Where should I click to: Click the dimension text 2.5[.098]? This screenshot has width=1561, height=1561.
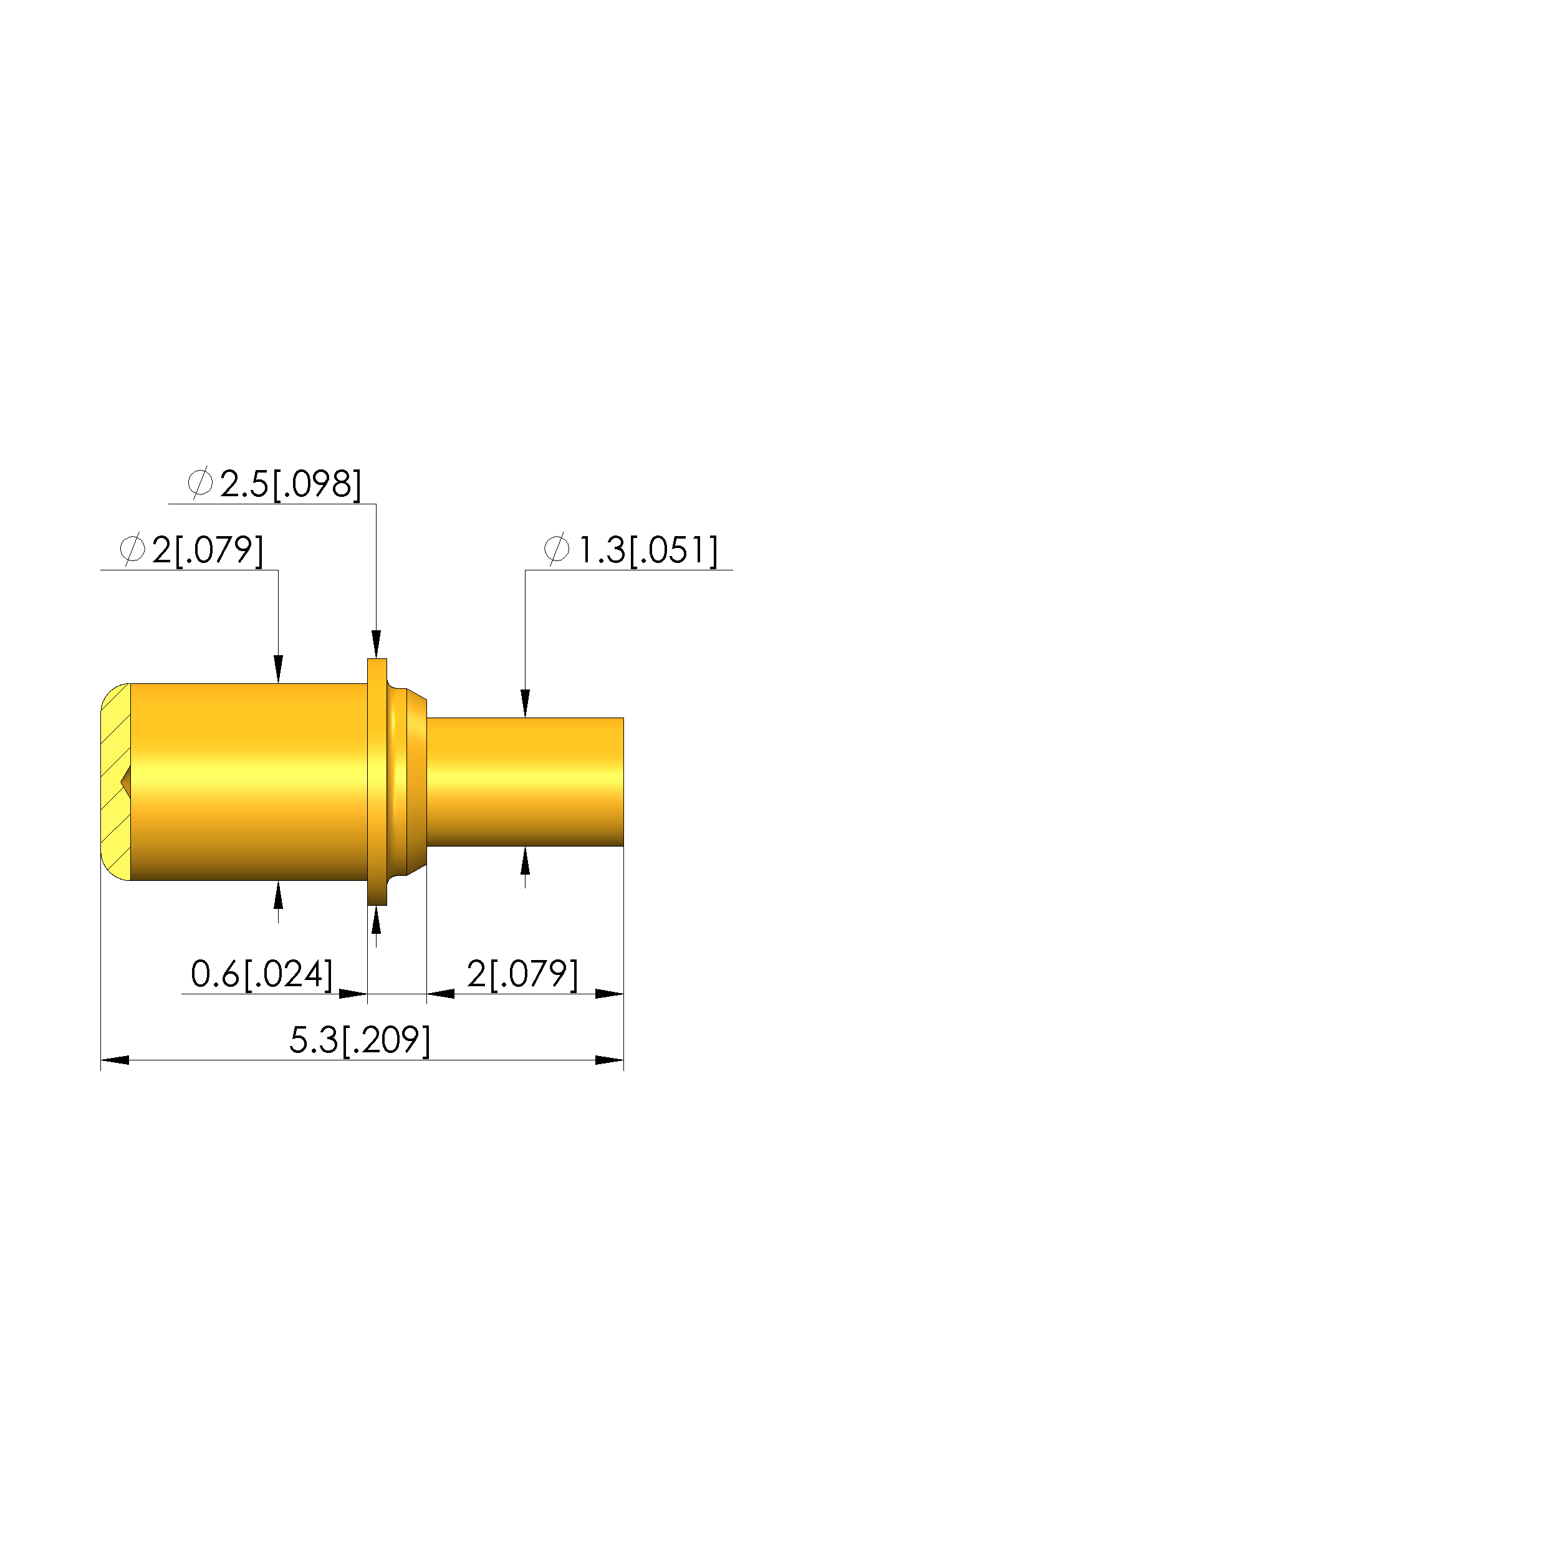290,484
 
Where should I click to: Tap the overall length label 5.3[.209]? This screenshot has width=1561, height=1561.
360,1040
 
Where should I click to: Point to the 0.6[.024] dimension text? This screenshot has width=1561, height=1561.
262,974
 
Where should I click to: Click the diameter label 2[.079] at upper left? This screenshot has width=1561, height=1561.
208,550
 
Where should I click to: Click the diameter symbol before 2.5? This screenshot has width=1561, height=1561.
199,483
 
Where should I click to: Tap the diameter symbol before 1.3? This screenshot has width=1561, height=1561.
557,549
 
